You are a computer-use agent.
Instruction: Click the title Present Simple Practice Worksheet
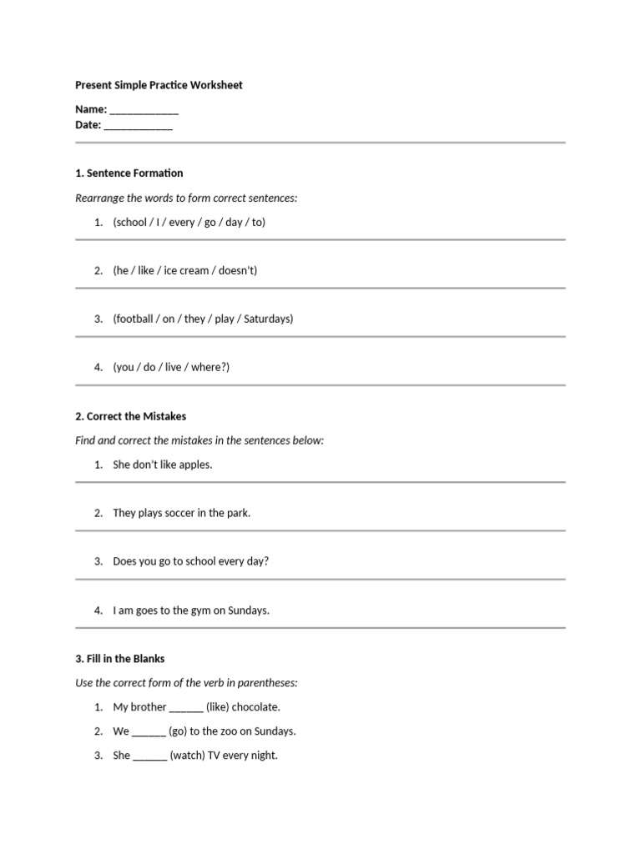click(x=159, y=85)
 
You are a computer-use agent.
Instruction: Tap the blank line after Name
click(x=144, y=112)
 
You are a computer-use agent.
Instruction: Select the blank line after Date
click(x=139, y=128)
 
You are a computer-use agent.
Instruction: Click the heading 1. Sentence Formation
click(x=129, y=173)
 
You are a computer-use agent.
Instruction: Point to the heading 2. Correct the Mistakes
click(x=130, y=416)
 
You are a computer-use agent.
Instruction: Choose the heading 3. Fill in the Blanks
click(x=119, y=659)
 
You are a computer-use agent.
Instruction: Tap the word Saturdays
click(x=267, y=319)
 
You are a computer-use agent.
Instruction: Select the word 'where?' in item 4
click(x=209, y=368)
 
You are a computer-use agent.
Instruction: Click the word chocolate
click(x=255, y=707)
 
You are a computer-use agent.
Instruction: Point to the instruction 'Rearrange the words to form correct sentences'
click(x=186, y=198)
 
